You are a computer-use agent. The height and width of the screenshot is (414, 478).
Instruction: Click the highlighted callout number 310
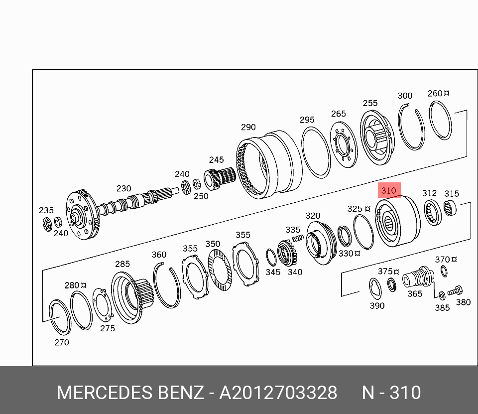[x=389, y=190]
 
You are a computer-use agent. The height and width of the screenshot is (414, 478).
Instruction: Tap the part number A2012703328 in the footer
[x=278, y=393]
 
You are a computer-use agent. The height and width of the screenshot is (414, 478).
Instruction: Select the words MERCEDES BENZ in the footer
[x=130, y=393]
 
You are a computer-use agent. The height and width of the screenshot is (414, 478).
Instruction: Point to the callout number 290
[x=248, y=127]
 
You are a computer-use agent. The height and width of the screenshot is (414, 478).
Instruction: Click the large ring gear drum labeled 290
[x=268, y=165]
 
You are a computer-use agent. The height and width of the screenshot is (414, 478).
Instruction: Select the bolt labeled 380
[x=455, y=291]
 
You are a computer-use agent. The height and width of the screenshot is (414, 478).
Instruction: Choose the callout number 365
[x=415, y=293]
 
